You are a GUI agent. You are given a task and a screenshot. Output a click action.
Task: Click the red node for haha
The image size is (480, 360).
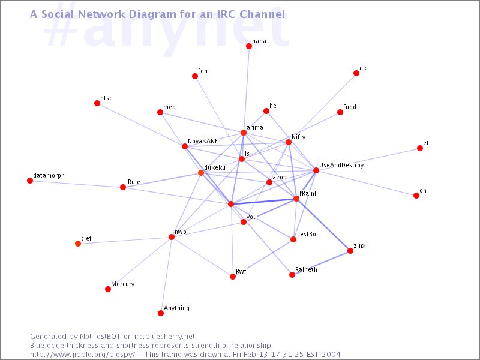coord(249,46)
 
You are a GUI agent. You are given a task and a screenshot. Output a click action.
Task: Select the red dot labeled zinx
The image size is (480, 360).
coord(350,251)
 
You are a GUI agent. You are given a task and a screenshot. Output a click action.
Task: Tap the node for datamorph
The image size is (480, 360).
coord(30,181)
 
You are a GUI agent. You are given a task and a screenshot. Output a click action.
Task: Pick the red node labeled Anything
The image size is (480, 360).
coord(161,313)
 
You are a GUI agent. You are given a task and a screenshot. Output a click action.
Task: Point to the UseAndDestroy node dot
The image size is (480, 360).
coord(316,170)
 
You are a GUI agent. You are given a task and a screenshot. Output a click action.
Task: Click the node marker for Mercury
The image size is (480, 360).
coord(108,289)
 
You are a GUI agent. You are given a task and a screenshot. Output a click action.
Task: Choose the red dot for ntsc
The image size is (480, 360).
coord(97,103)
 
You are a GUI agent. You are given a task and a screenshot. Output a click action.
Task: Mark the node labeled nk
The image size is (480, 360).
coord(356,73)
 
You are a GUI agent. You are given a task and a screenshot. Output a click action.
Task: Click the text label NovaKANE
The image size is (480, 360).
coord(203,141)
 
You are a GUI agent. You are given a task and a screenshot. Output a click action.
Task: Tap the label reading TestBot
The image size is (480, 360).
coord(307,234)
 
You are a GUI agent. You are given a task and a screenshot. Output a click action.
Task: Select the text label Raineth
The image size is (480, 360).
coord(306,269)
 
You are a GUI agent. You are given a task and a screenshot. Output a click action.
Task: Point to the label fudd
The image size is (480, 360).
coord(350,107)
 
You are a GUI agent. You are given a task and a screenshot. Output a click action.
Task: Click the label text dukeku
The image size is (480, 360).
coord(215,167)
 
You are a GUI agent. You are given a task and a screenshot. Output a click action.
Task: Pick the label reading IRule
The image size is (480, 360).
coord(133,182)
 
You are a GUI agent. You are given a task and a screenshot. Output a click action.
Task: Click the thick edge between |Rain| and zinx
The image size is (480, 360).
coord(323,224)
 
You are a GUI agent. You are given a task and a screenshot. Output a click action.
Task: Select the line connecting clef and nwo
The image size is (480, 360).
coord(125,241)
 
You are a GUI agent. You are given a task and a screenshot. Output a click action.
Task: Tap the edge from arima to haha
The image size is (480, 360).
coord(246,89)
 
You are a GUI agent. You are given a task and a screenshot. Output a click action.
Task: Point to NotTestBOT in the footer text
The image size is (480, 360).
coord(100,337)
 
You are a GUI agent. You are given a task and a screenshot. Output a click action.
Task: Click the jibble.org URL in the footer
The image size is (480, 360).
coord(82,355)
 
